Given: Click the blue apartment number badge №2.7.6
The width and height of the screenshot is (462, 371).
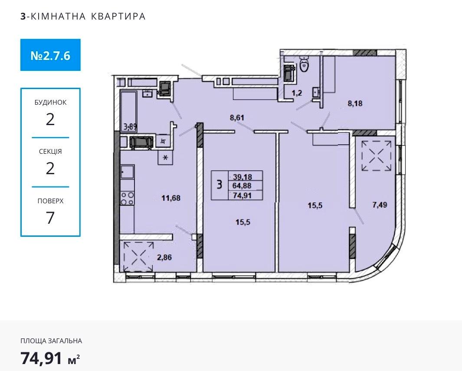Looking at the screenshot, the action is click(x=50, y=55).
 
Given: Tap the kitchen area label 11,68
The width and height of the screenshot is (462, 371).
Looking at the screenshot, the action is click(x=171, y=198).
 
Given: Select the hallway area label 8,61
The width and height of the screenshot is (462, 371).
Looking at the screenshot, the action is click(x=237, y=118).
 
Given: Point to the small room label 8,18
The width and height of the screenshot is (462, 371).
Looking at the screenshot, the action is click(x=355, y=103).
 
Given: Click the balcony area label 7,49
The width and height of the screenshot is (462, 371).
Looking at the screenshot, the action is click(x=380, y=205).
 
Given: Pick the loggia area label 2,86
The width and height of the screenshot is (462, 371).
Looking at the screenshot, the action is click(x=164, y=257).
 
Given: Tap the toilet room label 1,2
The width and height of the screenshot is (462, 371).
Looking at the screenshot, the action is click(x=297, y=93).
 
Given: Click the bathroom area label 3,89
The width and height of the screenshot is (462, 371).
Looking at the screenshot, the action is click(x=130, y=127).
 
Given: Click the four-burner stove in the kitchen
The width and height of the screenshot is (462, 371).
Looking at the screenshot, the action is click(x=127, y=198).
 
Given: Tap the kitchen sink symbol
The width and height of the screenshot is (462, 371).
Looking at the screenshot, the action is click(x=127, y=172).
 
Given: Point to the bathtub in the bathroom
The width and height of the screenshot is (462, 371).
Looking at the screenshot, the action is click(x=128, y=110).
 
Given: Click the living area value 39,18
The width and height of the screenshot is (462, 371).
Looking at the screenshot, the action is click(x=242, y=177).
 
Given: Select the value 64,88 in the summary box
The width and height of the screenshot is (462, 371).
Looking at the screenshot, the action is click(x=242, y=186).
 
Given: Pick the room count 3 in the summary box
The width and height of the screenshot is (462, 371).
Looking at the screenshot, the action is click(x=219, y=185).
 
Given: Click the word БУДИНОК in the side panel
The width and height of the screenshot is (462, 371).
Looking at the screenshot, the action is click(x=50, y=103).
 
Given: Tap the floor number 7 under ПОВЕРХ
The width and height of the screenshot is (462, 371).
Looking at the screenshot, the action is click(x=50, y=218).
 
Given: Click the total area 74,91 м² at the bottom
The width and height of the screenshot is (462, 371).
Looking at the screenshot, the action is click(x=50, y=358).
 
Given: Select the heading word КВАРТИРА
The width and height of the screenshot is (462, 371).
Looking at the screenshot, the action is click(x=118, y=16).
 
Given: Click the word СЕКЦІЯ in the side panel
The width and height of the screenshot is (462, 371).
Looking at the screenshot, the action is click(x=50, y=152).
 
